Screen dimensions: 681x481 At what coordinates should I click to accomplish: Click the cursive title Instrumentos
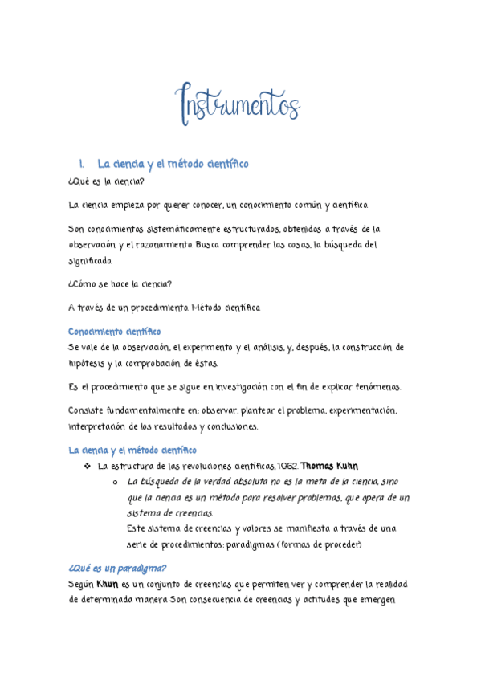point(238,103)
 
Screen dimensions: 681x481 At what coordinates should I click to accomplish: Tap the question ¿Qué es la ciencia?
point(107,182)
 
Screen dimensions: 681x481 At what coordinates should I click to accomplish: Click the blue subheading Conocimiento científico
point(114,331)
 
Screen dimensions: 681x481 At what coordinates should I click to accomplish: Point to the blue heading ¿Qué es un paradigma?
point(117,569)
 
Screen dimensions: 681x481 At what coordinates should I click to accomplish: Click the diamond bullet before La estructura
point(88,466)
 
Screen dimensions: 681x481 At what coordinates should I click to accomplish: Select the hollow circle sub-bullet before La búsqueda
point(116,482)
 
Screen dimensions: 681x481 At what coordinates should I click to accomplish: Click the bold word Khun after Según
point(107,584)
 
